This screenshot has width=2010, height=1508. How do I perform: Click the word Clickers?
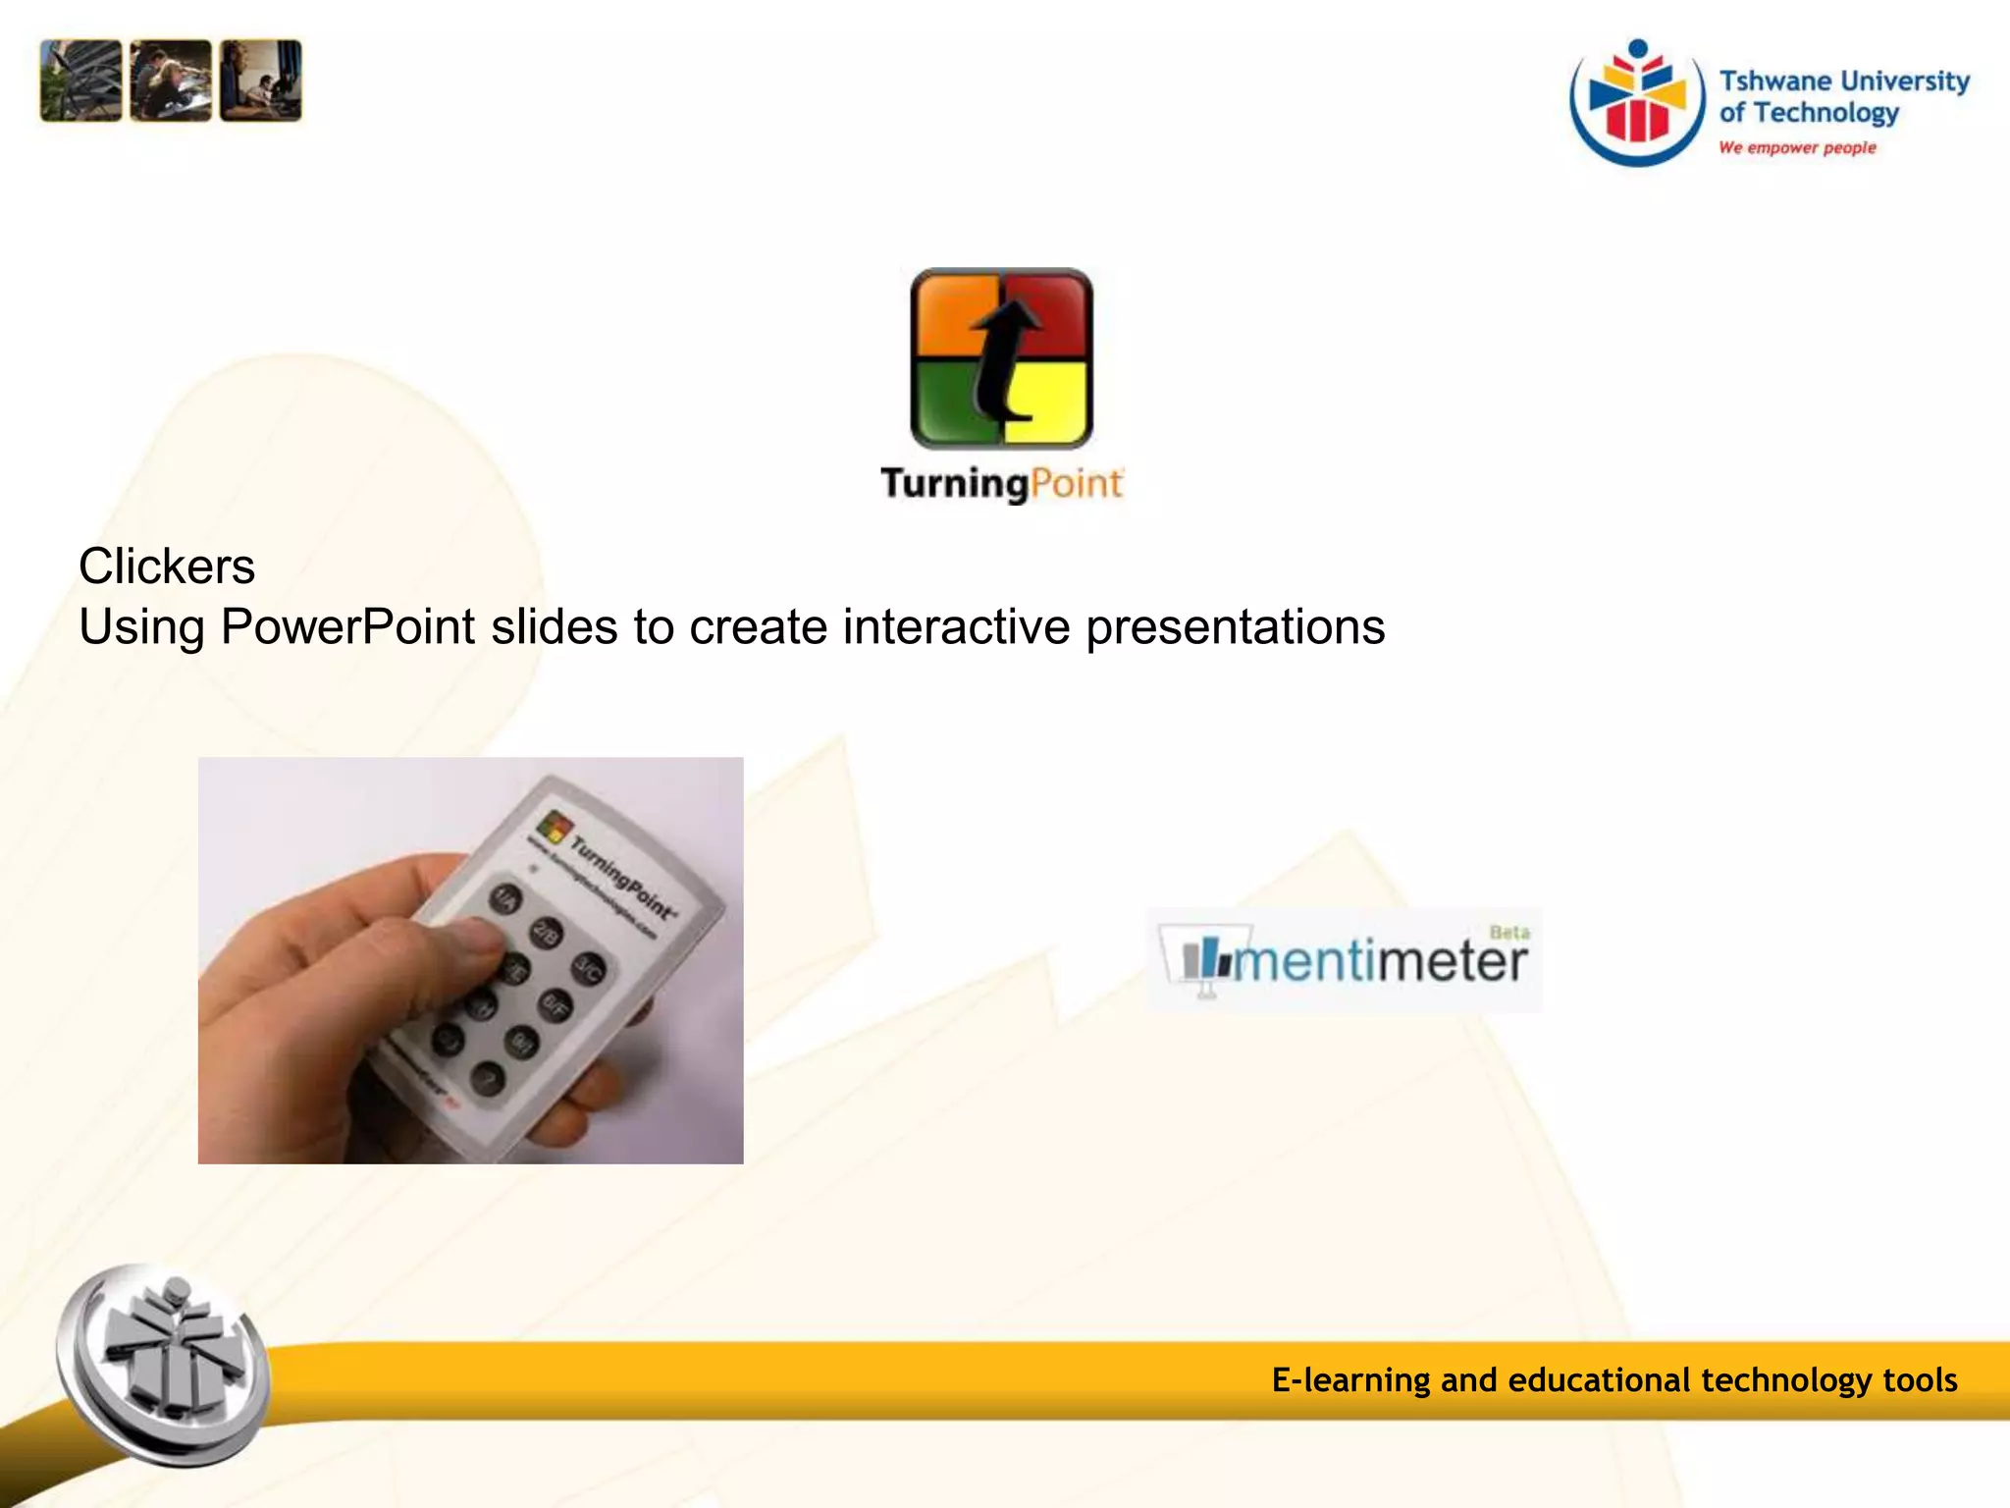coord(167,566)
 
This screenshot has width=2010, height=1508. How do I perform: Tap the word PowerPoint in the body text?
coord(348,627)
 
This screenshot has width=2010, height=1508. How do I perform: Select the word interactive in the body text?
coord(956,627)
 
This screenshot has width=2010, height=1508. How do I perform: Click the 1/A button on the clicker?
coord(506,898)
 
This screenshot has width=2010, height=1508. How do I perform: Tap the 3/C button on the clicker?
coord(588,970)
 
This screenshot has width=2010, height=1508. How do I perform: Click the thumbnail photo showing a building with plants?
coord(80,81)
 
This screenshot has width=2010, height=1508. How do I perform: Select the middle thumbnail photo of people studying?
coord(171,81)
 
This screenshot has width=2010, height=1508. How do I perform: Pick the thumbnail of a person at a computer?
coord(261,81)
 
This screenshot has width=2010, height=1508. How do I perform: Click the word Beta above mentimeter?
coord(1509,932)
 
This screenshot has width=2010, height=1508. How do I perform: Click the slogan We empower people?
coord(1797,148)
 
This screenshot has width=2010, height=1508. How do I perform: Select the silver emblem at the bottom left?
coord(165,1365)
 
